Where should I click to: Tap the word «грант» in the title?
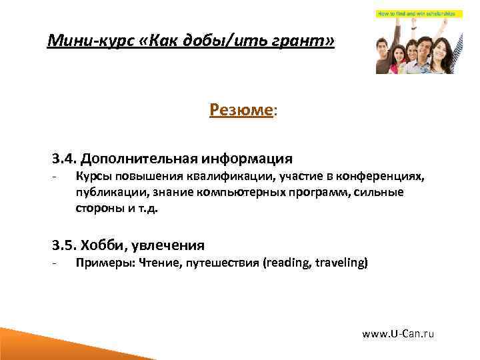point(299,43)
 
